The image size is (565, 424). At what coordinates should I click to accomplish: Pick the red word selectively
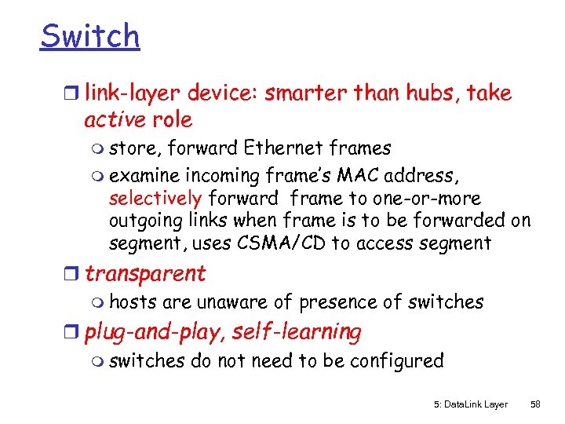pos(155,199)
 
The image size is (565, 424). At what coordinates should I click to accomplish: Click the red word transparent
pos(145,274)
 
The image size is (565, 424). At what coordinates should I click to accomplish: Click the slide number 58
pos(535,404)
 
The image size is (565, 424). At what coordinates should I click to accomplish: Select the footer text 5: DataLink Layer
pos(471,404)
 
